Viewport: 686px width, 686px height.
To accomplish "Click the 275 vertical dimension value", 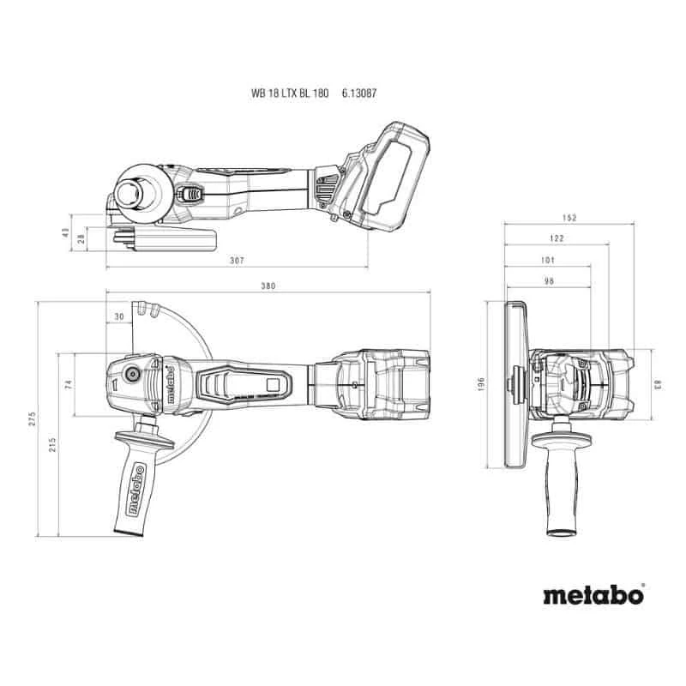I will click(x=32, y=418).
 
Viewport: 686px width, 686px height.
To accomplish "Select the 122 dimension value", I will click(x=557, y=238).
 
